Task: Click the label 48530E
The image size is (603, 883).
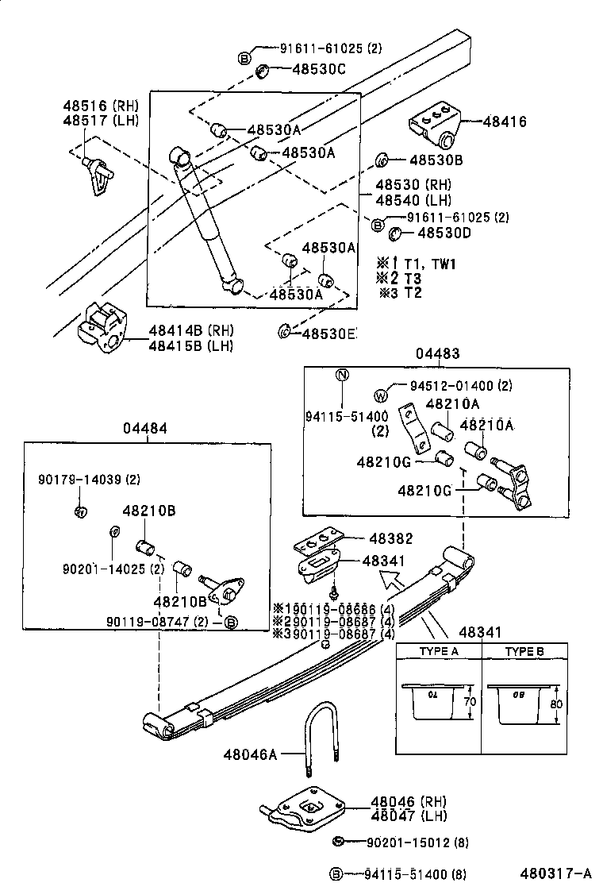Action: pyautogui.click(x=328, y=333)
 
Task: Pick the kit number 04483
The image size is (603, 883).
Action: pyautogui.click(x=436, y=354)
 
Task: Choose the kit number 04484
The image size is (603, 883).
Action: pyautogui.click(x=144, y=428)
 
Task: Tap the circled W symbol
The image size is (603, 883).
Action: pyautogui.click(x=380, y=395)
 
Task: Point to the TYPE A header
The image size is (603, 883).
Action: pyautogui.click(x=438, y=651)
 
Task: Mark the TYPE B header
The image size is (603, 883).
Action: pyautogui.click(x=524, y=651)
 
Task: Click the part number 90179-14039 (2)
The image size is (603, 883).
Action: pyautogui.click(x=89, y=479)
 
